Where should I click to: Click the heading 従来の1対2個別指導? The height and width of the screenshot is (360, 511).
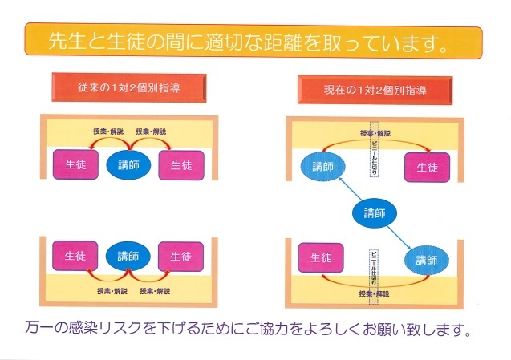[128, 88]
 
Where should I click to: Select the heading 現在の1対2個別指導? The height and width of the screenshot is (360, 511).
[375, 90]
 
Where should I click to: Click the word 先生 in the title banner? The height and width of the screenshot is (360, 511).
[67, 41]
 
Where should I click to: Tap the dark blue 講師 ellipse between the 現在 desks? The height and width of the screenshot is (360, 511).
[375, 213]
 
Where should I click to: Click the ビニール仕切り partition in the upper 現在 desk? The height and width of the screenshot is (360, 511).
[374, 150]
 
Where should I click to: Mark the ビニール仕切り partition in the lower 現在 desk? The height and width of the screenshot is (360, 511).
[374, 277]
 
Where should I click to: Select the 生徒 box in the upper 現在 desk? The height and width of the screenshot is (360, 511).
[427, 168]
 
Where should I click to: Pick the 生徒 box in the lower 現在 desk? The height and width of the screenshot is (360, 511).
[321, 257]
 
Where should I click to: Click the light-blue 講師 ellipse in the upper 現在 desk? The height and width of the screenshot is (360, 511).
[322, 167]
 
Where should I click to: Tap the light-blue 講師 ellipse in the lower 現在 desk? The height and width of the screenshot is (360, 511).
[427, 261]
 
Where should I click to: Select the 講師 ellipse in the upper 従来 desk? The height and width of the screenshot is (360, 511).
[128, 165]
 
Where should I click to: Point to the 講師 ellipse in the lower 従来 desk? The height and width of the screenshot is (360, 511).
[128, 256]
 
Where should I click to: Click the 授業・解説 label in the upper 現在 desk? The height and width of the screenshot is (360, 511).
[375, 133]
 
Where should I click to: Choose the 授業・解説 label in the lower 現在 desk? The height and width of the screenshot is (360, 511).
[374, 294]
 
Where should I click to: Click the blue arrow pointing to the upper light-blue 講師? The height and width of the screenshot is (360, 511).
[351, 188]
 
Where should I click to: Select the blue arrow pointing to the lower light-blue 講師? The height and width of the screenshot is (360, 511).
[399, 238]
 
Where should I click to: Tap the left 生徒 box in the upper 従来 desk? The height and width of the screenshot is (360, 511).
[75, 164]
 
